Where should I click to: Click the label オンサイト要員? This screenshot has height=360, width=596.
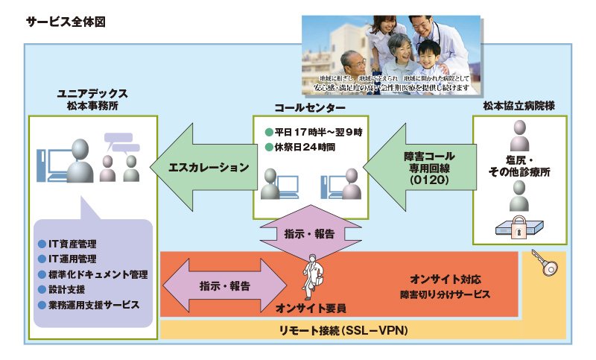point(310,306)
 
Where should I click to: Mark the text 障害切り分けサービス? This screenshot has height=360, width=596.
point(443,294)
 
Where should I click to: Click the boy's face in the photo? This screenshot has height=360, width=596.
point(429,56)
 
